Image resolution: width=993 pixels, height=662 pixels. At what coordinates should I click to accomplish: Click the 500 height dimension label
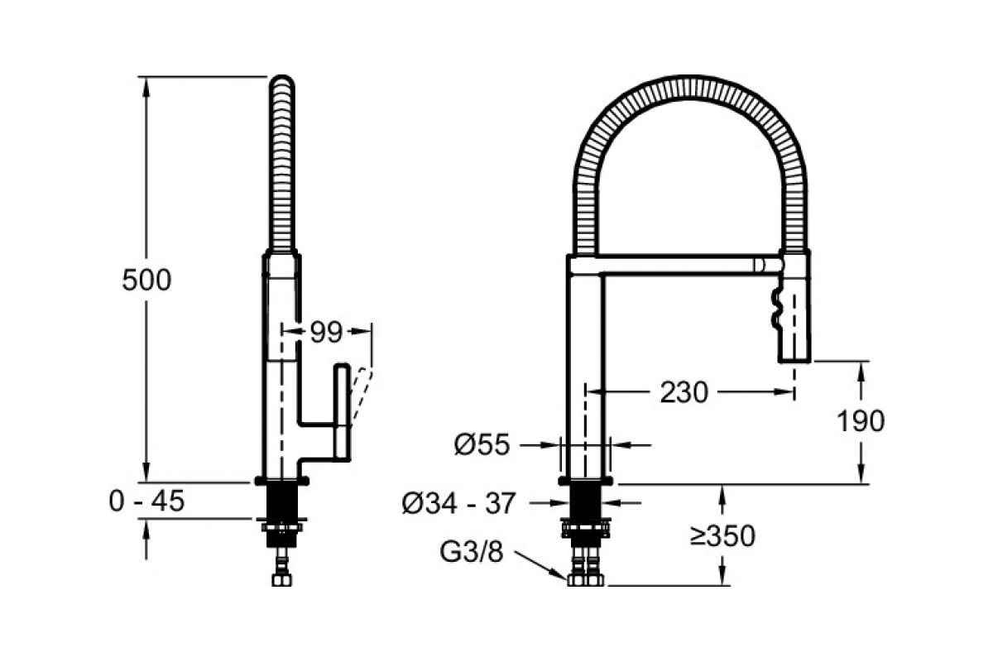146,281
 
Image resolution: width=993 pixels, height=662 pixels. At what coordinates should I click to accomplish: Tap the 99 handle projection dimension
326,332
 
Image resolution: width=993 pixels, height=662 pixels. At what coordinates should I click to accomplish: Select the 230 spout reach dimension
684,392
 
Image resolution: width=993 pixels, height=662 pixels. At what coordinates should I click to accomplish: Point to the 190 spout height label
860,421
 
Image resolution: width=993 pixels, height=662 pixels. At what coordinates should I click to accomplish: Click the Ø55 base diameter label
482,444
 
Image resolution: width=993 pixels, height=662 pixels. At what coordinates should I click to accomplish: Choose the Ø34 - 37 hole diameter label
458,503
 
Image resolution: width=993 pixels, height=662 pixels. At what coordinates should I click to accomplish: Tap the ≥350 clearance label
722,536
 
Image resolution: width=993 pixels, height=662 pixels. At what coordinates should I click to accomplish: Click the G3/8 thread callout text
471,552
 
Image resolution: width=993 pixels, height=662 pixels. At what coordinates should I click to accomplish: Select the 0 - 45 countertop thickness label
146,501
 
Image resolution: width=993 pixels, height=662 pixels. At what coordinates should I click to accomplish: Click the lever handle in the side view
343,412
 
